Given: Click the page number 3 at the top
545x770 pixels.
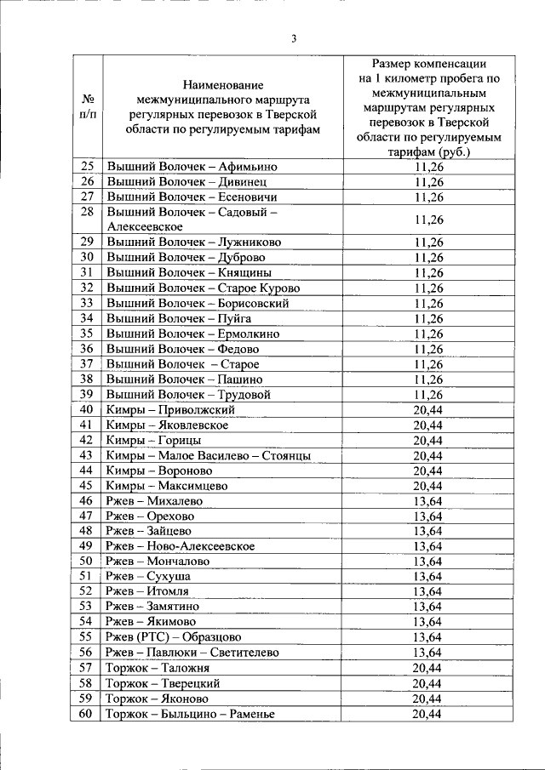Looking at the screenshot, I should click(x=293, y=39).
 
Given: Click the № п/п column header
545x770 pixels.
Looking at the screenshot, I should click(x=86, y=106).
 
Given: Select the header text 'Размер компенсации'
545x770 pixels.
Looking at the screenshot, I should click(x=428, y=63).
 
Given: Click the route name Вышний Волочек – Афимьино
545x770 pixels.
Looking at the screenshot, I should click(x=192, y=167).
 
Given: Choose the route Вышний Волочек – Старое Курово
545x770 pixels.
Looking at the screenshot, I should click(x=203, y=288).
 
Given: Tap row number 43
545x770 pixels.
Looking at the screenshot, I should click(x=86, y=455).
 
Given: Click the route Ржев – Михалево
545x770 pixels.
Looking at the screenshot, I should click(x=150, y=501).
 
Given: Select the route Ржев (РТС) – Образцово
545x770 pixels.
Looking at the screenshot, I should click(x=174, y=637).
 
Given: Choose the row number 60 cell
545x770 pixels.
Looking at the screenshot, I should click(x=86, y=714).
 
